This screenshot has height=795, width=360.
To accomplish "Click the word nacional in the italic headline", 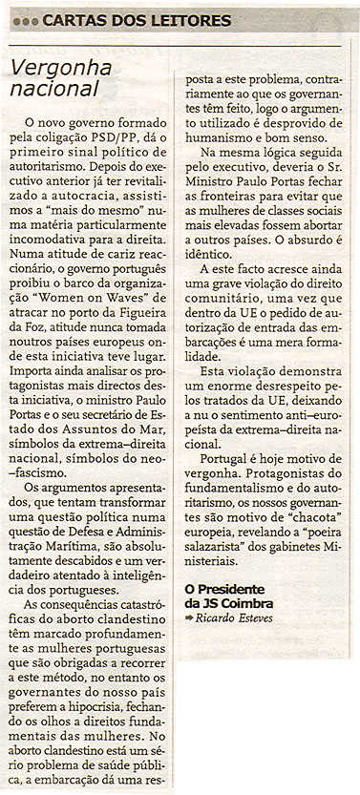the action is (54, 88).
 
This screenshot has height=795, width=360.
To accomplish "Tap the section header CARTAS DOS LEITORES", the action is (137, 20).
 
